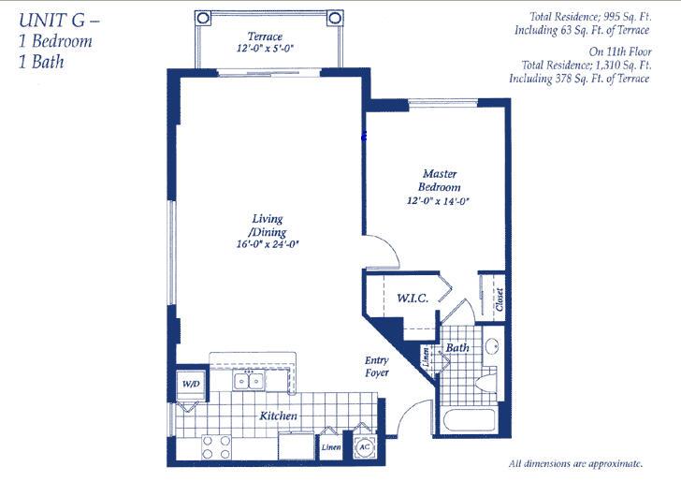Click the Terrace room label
pyautogui.click(x=265, y=36)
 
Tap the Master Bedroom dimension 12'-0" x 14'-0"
pyautogui.click(x=439, y=201)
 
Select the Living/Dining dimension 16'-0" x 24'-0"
pyautogui.click(x=268, y=244)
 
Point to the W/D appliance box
pyautogui.click(x=191, y=385)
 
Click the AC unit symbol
pyautogui.click(x=364, y=447)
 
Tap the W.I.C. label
pyautogui.click(x=413, y=299)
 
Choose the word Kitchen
pyautogui.click(x=279, y=416)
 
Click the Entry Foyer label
pyautogui.click(x=377, y=366)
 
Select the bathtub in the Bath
pyautogui.click(x=469, y=421)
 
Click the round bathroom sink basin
pyautogui.click(x=493, y=346)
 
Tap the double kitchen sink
pyautogui.click(x=249, y=381)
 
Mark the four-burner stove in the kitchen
pyautogui.click(x=216, y=447)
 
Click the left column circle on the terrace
pyautogui.click(x=203, y=18)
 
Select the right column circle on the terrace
pyautogui.click(x=335, y=18)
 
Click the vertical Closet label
pyautogui.click(x=500, y=299)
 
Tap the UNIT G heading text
pyautogui.click(x=60, y=20)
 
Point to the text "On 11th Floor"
pyautogui.click(x=620, y=51)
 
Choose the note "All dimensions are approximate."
pyautogui.click(x=575, y=464)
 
